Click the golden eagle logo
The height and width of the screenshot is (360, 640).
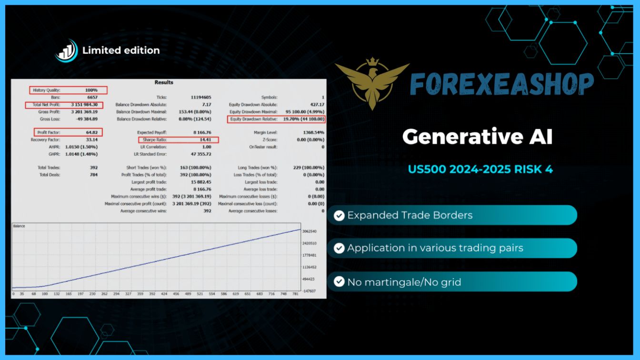tap(372, 83)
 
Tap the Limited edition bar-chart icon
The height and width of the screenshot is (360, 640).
tap(66, 50)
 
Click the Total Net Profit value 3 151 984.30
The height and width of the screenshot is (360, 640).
tap(84, 105)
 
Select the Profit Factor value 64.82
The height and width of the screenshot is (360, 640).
tap(92, 132)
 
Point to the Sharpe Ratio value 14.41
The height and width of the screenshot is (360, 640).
tap(205, 140)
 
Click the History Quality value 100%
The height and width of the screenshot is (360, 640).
tap(91, 90)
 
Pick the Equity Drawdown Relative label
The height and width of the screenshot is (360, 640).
tap(254, 119)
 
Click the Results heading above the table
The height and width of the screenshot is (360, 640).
tap(164, 82)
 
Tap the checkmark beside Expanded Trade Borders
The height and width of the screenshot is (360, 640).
tap(339, 215)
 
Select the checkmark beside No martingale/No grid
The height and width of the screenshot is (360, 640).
tap(339, 282)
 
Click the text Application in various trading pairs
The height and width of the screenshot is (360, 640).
tap(435, 248)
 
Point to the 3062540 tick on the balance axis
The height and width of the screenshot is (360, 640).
tap(310, 231)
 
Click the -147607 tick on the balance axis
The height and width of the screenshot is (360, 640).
tap(309, 291)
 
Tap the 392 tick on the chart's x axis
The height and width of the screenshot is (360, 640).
tap(152, 294)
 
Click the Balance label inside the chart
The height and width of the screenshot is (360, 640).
tap(19, 226)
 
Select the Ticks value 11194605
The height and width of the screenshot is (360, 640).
tap(201, 97)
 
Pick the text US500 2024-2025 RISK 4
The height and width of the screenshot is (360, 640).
tap(480, 169)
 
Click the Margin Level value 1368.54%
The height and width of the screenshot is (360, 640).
tap(313, 132)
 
